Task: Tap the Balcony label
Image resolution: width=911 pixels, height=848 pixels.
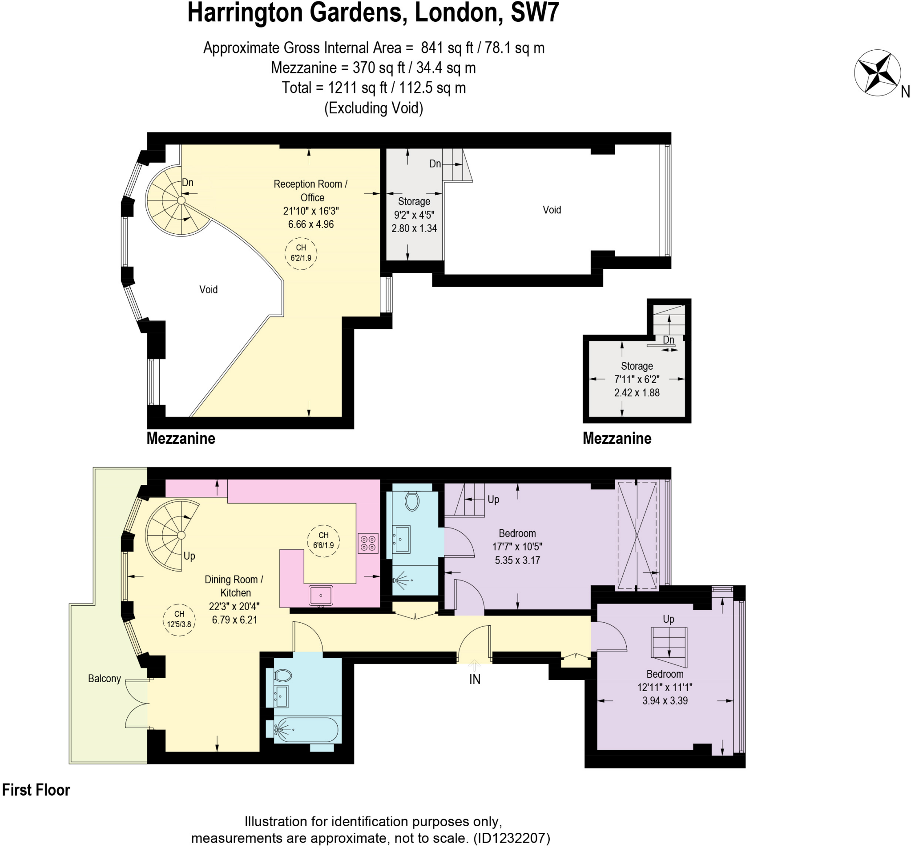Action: pos(105,679)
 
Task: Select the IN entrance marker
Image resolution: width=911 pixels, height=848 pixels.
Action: pos(475,679)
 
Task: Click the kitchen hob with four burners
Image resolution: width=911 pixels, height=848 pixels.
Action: pos(368,543)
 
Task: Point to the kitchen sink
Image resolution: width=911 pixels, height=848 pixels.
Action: pos(321,596)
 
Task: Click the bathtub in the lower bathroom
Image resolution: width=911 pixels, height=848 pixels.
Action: pos(306,729)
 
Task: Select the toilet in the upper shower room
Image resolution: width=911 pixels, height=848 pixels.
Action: pos(412,501)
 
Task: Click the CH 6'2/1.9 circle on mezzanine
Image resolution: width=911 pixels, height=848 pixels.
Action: pos(301,253)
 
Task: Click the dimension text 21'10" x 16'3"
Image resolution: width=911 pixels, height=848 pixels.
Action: pos(310,211)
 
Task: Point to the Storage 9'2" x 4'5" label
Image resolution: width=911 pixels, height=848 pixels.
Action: pos(414,215)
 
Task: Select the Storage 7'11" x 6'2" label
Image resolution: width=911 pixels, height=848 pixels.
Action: pos(637,379)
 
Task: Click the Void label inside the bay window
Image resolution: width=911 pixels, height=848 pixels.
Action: pos(209,289)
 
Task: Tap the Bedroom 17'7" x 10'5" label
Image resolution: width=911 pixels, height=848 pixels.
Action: pos(517,547)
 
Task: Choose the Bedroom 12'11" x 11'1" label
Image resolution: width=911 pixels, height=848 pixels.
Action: pos(665,687)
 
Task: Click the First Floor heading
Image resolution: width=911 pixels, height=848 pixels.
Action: pos(36,790)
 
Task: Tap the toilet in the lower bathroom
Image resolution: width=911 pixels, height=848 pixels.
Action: pos(284,675)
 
